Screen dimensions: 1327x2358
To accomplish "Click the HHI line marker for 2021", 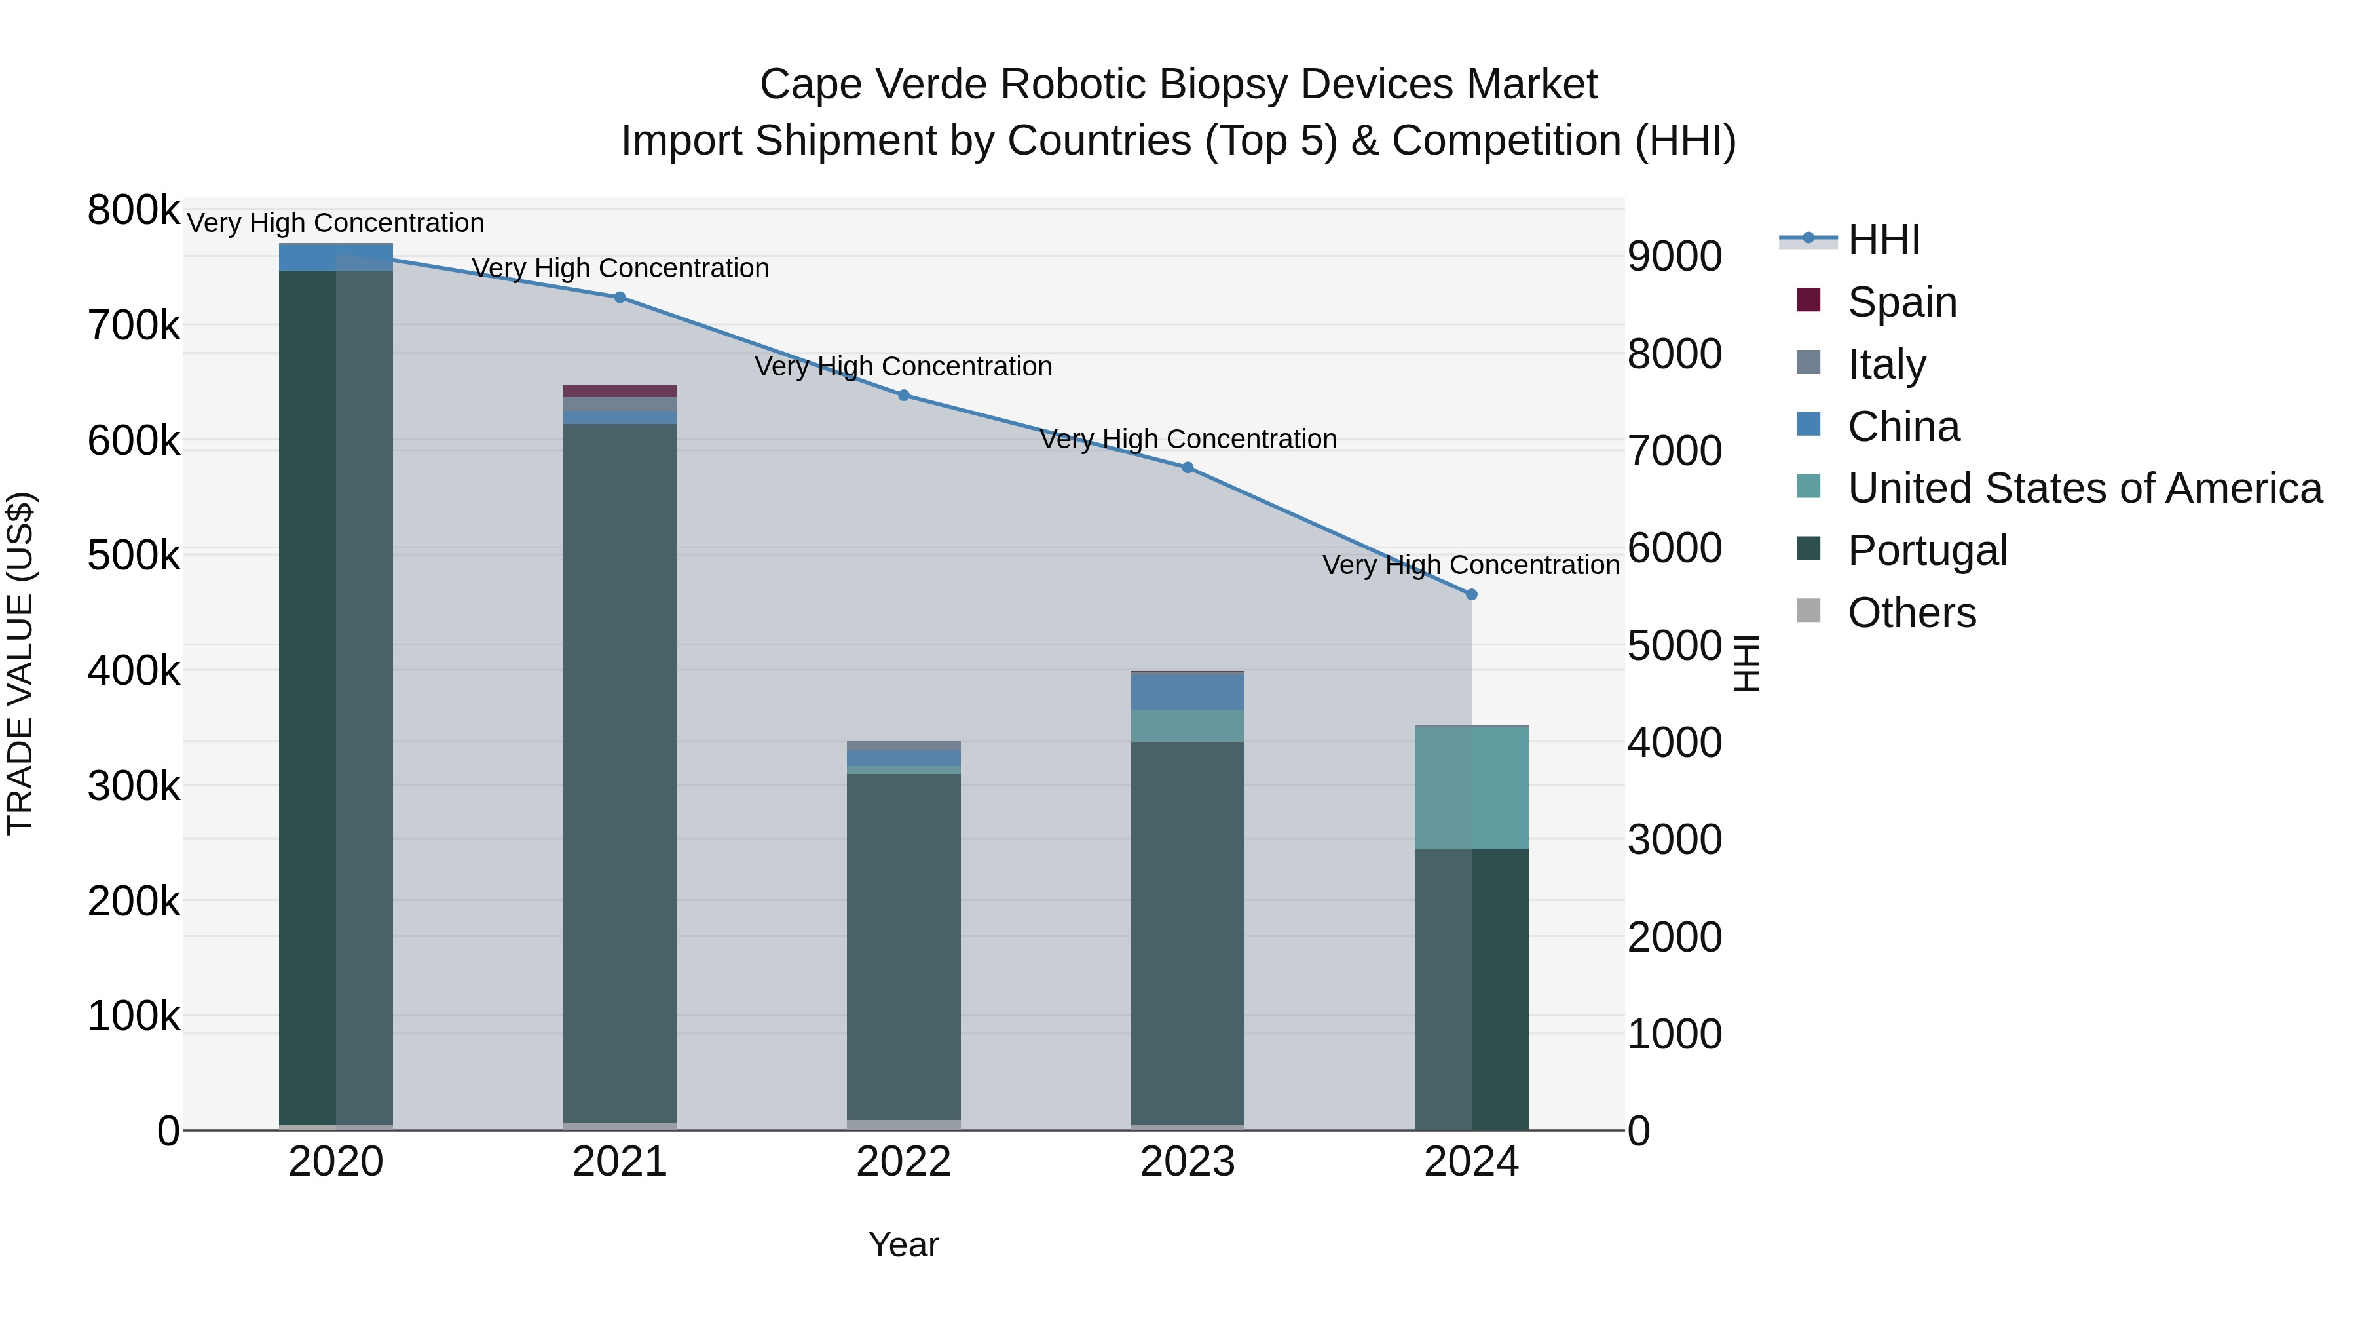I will click(620, 298).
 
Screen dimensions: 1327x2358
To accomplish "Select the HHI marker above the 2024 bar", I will click(1471, 594).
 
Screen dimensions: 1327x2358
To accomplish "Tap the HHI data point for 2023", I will click(1188, 468).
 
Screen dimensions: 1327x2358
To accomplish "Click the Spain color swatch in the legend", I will click(1808, 300).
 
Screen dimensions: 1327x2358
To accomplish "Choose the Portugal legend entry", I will click(1927, 550).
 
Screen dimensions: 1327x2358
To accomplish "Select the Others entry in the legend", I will click(1911, 613).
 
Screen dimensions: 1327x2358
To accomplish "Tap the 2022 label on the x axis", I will click(903, 1162).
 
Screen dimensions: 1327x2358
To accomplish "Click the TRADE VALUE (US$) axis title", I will click(20, 663).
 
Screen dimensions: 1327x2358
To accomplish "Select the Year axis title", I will click(903, 1244).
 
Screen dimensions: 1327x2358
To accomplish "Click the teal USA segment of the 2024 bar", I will click(1471, 788).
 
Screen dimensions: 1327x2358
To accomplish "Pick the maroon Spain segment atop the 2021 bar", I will click(620, 391).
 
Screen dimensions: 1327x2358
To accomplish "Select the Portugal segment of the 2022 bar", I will click(903, 943).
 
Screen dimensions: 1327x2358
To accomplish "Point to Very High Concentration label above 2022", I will click(903, 366).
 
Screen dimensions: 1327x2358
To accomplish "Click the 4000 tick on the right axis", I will click(1674, 742).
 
